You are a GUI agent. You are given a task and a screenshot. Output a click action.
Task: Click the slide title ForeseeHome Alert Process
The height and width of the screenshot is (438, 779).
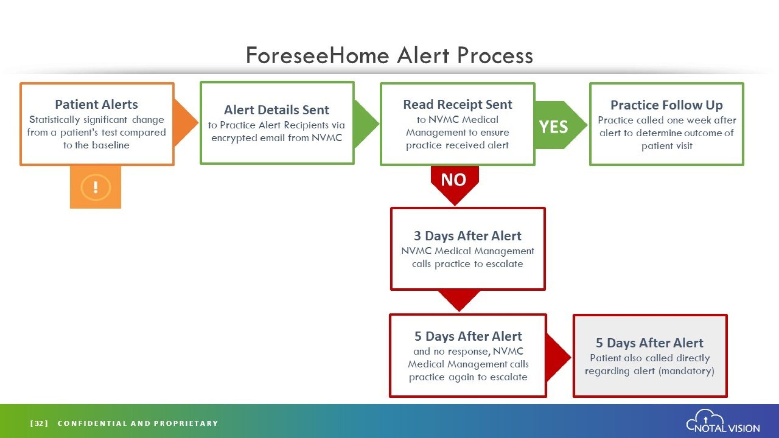click(x=389, y=56)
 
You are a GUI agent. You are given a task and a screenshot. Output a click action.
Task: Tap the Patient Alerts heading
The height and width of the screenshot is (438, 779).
click(x=97, y=105)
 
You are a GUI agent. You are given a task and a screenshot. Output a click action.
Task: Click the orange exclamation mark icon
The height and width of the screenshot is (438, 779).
click(x=95, y=187)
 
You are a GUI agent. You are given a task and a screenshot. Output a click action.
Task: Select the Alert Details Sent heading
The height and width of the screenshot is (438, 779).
click(x=276, y=110)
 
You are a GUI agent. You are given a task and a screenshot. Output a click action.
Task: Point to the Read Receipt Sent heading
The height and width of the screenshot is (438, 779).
click(x=458, y=105)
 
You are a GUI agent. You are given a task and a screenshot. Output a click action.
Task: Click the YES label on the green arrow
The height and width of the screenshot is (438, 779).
click(x=553, y=127)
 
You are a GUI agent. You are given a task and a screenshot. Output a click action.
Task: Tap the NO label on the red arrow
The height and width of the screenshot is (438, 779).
click(x=454, y=180)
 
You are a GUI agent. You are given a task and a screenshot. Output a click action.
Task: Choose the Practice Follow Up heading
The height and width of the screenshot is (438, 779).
click(x=667, y=105)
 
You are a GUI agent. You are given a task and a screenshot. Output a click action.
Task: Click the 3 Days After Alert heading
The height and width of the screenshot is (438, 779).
click(x=467, y=236)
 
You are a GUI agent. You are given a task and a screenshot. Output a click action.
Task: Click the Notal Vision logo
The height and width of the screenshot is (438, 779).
click(x=723, y=421)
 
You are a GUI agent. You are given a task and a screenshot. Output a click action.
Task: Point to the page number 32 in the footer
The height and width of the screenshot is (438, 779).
click(x=39, y=423)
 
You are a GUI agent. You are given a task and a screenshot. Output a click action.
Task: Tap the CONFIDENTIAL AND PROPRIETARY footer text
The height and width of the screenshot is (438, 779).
click(x=138, y=423)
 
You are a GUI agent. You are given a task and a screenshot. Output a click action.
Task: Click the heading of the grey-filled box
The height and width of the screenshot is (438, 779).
click(x=649, y=343)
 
